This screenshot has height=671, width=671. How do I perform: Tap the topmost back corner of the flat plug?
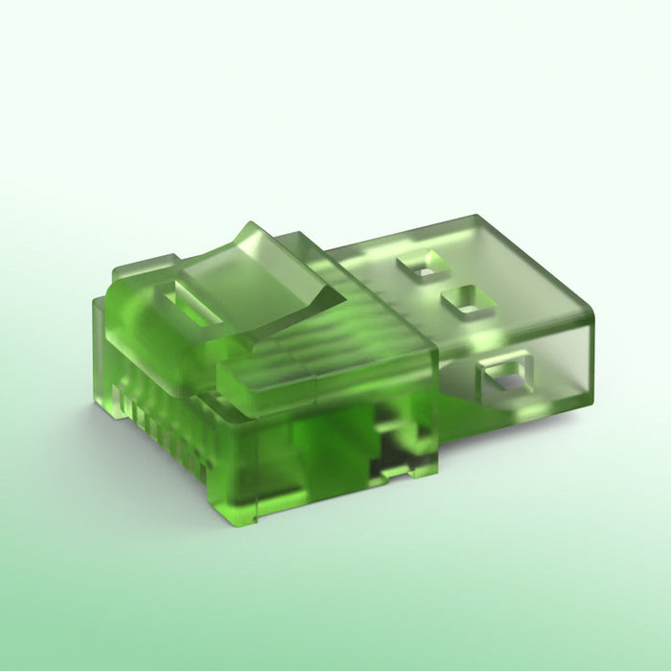[475, 218]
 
